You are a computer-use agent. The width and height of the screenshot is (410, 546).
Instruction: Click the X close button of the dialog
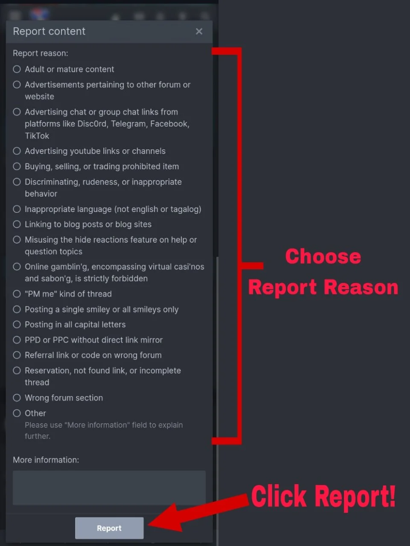click(x=199, y=31)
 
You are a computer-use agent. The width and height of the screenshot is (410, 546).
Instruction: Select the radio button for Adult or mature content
click(x=17, y=69)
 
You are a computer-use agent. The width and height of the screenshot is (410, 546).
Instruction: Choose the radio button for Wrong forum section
click(x=17, y=398)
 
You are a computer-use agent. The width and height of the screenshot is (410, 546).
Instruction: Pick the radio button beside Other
click(x=17, y=413)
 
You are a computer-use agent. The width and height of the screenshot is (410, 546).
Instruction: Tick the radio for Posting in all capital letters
click(x=17, y=325)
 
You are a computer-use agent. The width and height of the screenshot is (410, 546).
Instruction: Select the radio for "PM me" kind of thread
click(x=17, y=294)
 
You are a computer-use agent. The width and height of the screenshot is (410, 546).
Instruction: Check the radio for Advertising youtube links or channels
click(x=17, y=151)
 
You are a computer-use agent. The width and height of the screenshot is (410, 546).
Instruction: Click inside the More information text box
click(x=109, y=488)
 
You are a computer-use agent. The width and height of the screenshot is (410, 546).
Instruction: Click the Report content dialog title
click(x=49, y=31)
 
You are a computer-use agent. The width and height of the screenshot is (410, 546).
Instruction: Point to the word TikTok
click(x=37, y=136)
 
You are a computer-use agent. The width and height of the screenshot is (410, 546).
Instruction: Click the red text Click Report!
click(x=323, y=497)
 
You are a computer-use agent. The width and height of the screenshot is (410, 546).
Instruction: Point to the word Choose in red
click(x=323, y=256)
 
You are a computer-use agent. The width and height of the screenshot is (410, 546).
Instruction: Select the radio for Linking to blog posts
click(x=17, y=224)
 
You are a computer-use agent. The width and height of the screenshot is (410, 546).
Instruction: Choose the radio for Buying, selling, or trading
click(x=17, y=166)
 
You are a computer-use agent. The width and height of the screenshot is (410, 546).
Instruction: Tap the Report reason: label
click(x=40, y=53)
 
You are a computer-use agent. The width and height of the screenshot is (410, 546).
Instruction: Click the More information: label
click(x=46, y=460)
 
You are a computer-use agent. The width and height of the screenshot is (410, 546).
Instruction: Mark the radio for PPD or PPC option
click(x=17, y=340)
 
